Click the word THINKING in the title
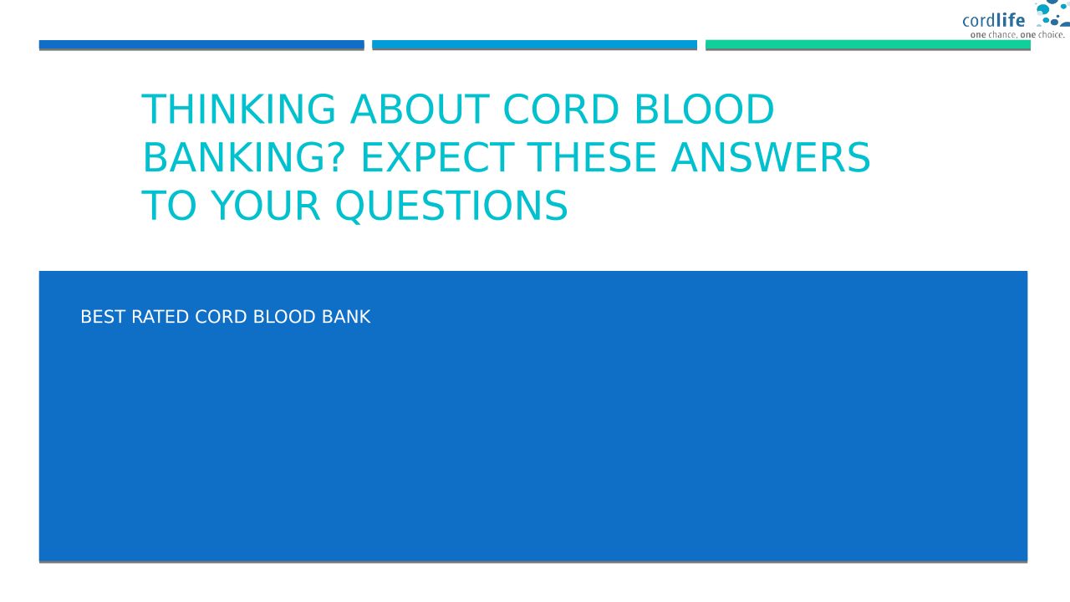[238, 109]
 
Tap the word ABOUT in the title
[420, 109]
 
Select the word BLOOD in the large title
[704, 109]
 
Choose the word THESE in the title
[592, 157]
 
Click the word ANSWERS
[771, 157]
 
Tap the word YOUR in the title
[265, 206]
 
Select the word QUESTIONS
[451, 206]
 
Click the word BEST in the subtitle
[103, 317]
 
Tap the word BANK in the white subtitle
[346, 317]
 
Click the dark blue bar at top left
[201, 45]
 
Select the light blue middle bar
[534, 45]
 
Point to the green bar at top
[868, 45]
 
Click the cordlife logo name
[994, 21]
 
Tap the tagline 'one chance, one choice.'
[1017, 35]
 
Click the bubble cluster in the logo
[1052, 13]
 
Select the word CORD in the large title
[562, 109]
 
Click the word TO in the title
[169, 206]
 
